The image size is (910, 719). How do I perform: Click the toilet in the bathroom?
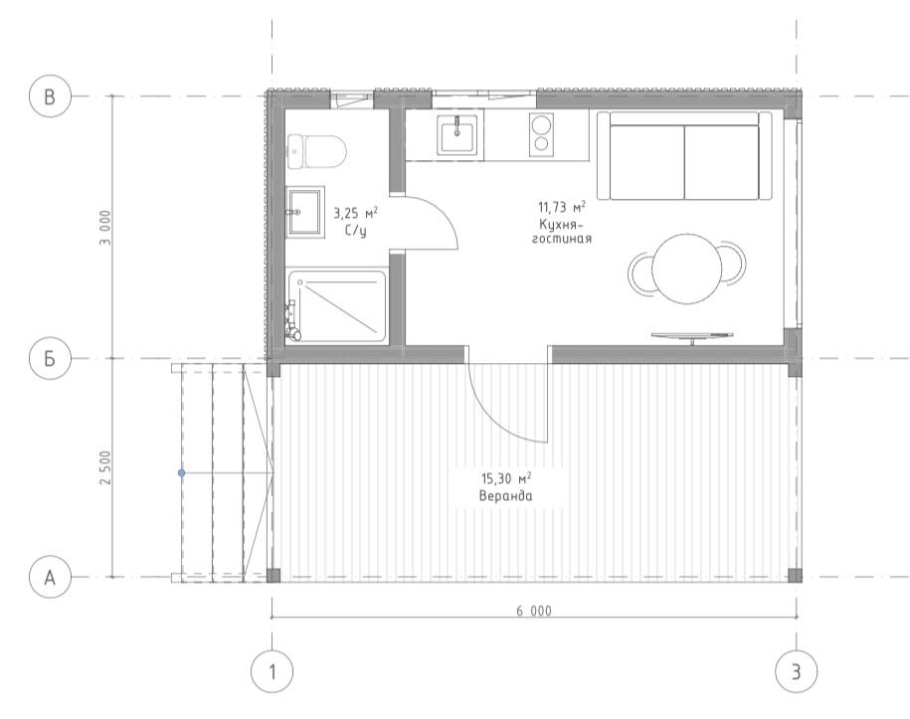pyautogui.click(x=316, y=151)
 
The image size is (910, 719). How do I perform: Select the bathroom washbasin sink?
pyautogui.click(x=304, y=212)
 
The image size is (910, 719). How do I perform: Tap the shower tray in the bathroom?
pyautogui.click(x=336, y=306)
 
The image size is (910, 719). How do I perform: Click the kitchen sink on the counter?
pyautogui.click(x=457, y=134)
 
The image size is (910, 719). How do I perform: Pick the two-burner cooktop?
pyautogui.click(x=541, y=134)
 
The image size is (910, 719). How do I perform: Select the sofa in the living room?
pyautogui.click(x=684, y=155)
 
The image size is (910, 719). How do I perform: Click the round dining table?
pyautogui.click(x=686, y=269)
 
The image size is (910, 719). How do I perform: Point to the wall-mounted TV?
pyautogui.click(x=692, y=336)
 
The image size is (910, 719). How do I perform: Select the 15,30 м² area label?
pyautogui.click(x=506, y=478)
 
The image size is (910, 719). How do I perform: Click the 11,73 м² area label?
pyautogui.click(x=561, y=207)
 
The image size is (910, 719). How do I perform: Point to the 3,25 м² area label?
pyautogui.click(x=355, y=213)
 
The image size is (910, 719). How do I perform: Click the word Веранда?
pyautogui.click(x=505, y=496)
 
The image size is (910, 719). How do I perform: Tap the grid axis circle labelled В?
pyautogui.click(x=50, y=96)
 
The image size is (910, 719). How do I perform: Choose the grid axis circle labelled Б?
pyautogui.click(x=50, y=359)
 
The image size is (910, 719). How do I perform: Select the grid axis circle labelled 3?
pyautogui.click(x=797, y=671)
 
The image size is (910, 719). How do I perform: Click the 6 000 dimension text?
pyautogui.click(x=534, y=611)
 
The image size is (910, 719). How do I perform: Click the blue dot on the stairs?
pyautogui.click(x=182, y=473)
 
